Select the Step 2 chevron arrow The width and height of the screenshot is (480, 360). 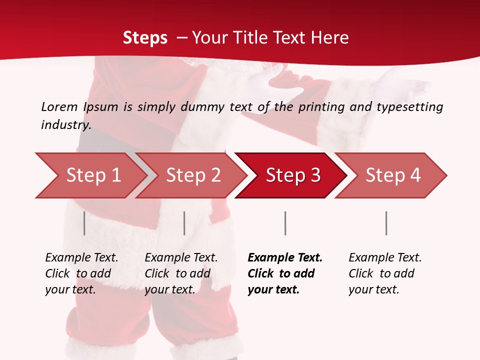192,175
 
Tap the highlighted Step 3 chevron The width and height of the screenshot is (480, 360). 292,175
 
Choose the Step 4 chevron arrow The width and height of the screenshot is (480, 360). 392,175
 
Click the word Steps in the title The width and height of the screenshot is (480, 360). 145,37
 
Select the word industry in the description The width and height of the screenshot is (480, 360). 66,125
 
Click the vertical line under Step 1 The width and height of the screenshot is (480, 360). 84,223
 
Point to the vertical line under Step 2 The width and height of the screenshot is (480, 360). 184,223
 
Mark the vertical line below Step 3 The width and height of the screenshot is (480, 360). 285,223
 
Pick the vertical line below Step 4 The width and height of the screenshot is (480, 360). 386,223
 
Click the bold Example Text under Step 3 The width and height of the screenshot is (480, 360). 285,257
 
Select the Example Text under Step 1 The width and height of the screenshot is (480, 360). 81,257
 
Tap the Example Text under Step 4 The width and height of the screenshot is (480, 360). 385,257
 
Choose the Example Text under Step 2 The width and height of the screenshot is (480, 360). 181,257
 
